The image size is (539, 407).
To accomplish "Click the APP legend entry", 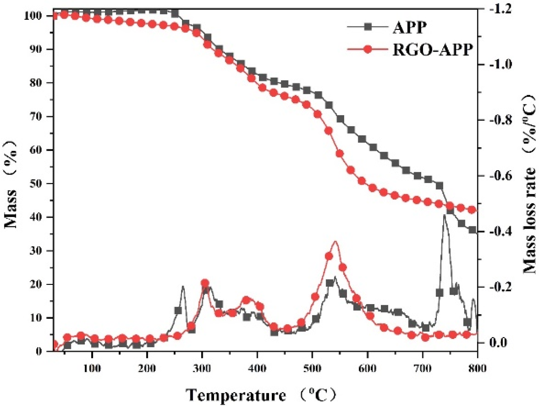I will pyautogui.click(x=409, y=27).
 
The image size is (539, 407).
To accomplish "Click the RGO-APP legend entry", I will pyautogui.click(x=433, y=49).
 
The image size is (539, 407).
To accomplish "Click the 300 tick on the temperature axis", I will pyautogui.click(x=202, y=368).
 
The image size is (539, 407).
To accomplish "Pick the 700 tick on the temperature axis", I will pyautogui.click(x=423, y=368).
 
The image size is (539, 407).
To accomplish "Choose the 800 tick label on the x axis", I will pyautogui.click(x=477, y=368).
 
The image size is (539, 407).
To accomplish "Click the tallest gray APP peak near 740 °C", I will pyautogui.click(x=444, y=215).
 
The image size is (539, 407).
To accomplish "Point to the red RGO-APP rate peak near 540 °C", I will pyautogui.click(x=335, y=242).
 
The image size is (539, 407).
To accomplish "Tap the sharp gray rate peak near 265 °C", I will pyautogui.click(x=183, y=286).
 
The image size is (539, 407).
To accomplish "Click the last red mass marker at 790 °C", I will pyautogui.click(x=472, y=210).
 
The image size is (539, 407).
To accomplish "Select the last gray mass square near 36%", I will pyautogui.click(x=472, y=230).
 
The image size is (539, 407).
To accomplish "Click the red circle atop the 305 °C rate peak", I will pyautogui.click(x=205, y=283).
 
